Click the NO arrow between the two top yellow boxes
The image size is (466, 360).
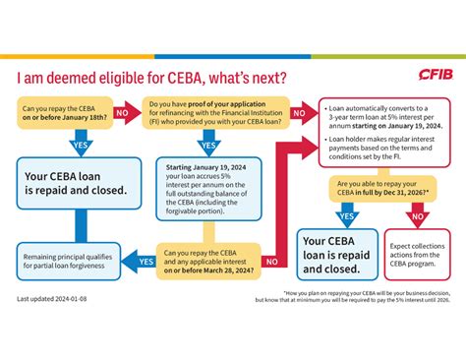123,113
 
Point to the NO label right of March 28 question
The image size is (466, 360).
272,261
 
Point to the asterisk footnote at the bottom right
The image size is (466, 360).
360,298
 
